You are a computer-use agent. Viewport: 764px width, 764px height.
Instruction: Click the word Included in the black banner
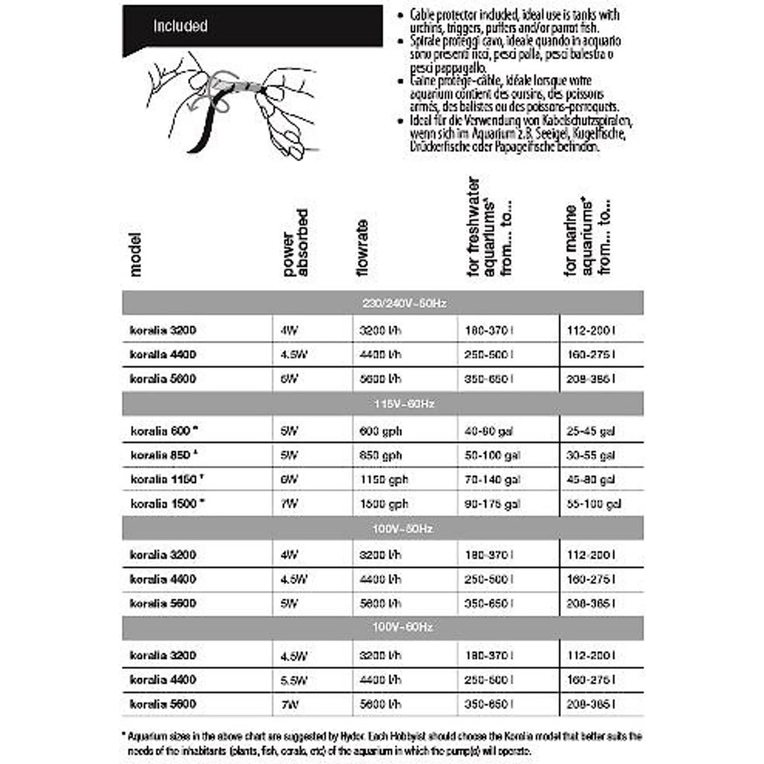180,26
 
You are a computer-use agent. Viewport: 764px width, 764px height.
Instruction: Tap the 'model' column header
135,254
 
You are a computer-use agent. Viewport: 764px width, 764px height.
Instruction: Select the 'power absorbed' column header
296,243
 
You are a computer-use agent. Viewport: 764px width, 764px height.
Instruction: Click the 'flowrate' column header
362,248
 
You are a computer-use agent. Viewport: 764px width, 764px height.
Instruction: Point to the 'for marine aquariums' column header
587,237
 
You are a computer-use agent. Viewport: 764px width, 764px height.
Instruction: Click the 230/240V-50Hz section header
404,304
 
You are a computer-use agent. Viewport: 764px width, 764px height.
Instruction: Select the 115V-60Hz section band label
404,404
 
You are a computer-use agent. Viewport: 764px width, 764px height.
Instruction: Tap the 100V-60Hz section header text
402,627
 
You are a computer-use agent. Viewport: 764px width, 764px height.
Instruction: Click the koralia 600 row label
161,431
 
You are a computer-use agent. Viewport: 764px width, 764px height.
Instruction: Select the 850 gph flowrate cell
380,455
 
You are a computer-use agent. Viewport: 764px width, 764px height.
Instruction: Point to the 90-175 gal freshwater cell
492,504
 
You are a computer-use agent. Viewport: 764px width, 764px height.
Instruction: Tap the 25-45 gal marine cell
590,431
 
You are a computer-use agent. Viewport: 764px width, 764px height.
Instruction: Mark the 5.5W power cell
294,680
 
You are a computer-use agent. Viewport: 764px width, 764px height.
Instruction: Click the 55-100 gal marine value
593,504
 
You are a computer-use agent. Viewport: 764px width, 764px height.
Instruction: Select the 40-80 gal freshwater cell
488,431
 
